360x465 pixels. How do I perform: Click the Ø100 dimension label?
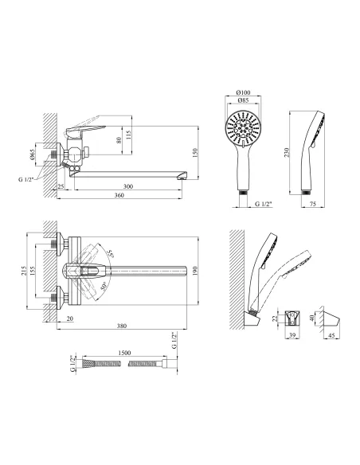[243, 92]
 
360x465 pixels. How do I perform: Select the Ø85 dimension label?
[243, 100]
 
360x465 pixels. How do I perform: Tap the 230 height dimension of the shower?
[287, 153]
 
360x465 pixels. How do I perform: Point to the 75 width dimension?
[313, 204]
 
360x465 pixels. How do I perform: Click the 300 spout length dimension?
[128, 186]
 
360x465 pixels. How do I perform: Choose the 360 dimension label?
[119, 195]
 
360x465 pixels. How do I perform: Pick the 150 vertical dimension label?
[195, 153]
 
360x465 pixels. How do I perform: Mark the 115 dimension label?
[128, 135]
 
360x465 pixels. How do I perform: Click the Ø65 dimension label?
[33, 154]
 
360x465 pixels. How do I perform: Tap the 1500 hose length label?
[124, 353]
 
